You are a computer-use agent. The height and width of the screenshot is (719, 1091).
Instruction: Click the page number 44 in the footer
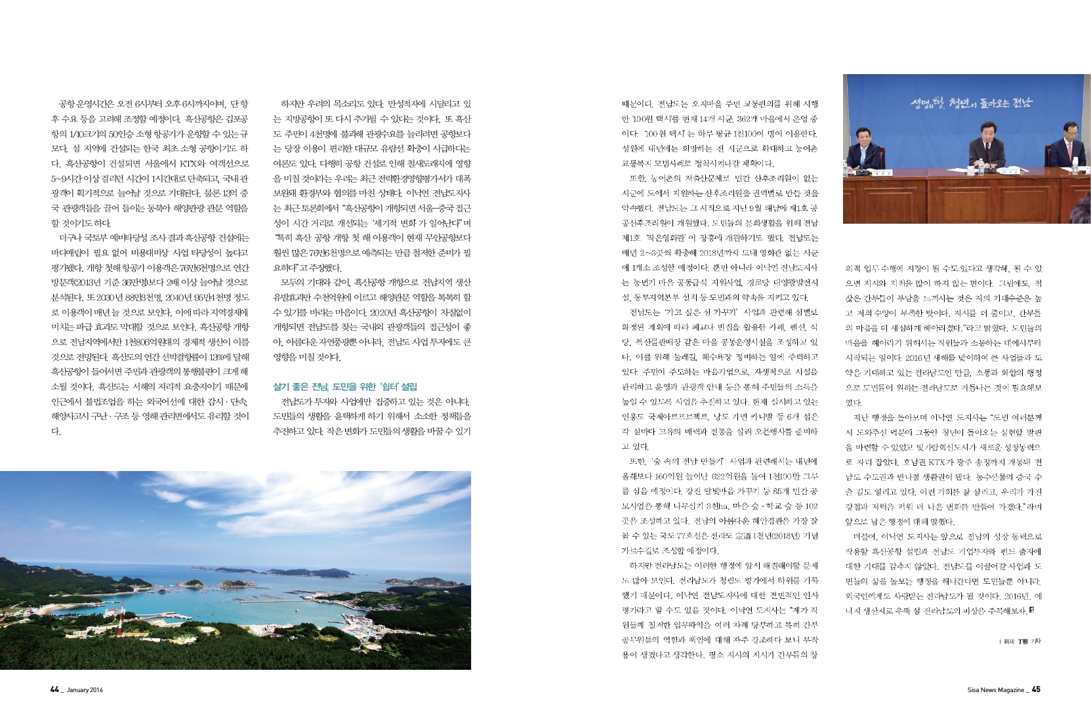click(54, 689)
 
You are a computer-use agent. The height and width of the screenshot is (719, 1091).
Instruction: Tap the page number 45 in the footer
click(1036, 689)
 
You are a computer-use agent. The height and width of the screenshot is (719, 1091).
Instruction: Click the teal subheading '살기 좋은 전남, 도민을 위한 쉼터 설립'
click(344, 387)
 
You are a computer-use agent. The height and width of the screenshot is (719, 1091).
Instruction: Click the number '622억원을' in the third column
click(732, 476)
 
